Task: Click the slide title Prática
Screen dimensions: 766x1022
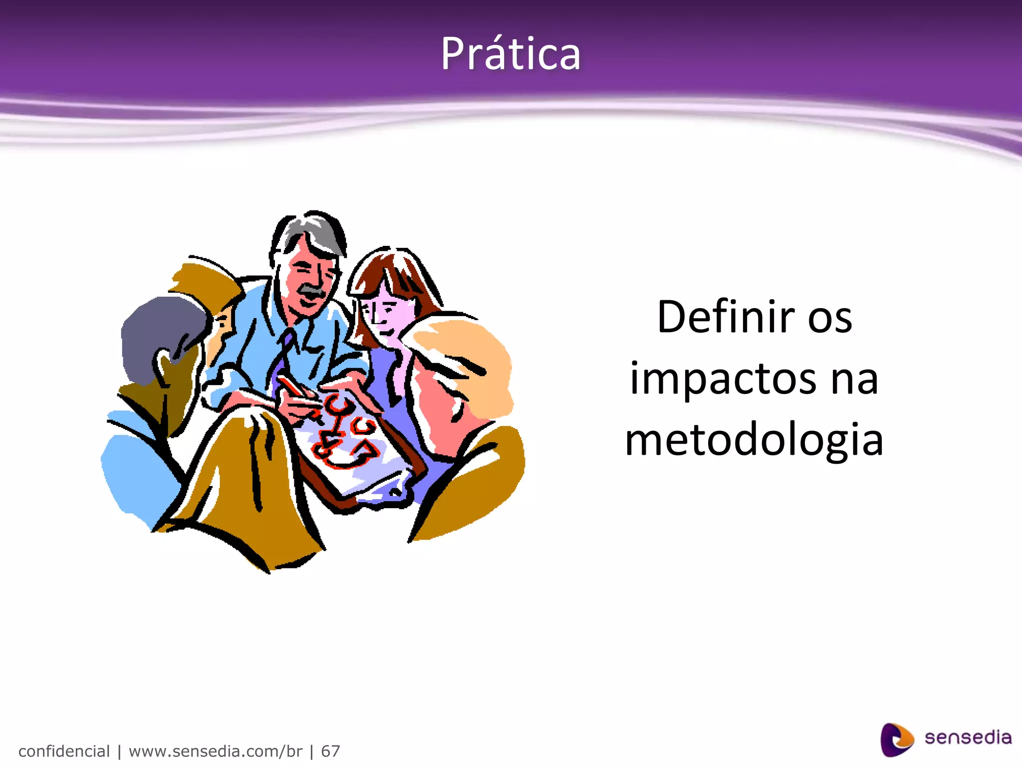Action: click(x=511, y=54)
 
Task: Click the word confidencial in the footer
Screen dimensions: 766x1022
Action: click(x=64, y=751)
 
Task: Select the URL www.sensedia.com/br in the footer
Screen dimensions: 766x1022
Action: click(x=216, y=751)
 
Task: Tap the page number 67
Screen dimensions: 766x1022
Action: click(x=330, y=751)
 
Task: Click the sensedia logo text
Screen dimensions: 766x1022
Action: click(x=968, y=738)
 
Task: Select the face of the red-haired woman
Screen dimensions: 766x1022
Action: click(x=387, y=314)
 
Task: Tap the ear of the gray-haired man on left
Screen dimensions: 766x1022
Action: click(x=163, y=367)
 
